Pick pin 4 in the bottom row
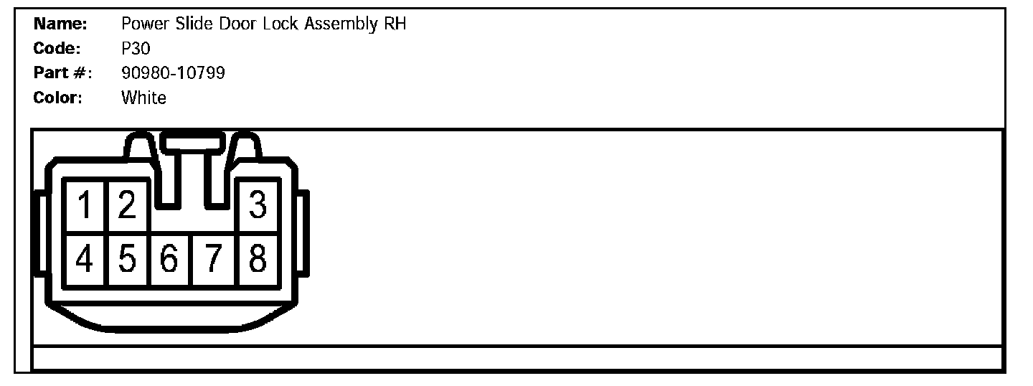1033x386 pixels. (85, 259)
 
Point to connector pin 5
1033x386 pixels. (127, 259)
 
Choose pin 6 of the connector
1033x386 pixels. (170, 259)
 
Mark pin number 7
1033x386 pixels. (213, 259)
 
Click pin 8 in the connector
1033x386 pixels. (258, 259)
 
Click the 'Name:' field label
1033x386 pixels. (60, 24)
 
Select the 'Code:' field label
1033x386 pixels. (58, 49)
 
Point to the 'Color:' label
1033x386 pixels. (58, 98)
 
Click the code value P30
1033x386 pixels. (136, 49)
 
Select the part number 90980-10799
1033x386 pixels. (174, 73)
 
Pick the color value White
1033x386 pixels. (144, 98)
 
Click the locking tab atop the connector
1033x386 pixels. (191, 142)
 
